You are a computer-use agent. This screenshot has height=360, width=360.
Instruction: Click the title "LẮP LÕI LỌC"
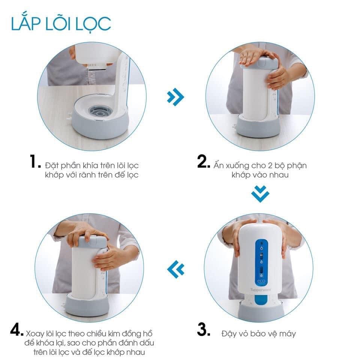(61, 23)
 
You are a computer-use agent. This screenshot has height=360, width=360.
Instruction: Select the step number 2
(203, 161)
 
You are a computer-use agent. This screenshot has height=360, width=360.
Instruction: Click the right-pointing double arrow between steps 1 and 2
(175, 97)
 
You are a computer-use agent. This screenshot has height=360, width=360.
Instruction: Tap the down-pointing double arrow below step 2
(260, 194)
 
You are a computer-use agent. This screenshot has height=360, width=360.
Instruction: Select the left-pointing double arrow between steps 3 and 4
(176, 269)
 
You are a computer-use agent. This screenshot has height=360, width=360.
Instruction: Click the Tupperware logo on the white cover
(261, 289)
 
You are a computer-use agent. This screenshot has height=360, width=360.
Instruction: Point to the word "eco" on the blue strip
(261, 281)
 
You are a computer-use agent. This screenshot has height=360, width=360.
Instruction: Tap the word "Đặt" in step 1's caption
(52, 165)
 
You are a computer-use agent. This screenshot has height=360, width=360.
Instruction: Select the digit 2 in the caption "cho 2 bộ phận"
(270, 165)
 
